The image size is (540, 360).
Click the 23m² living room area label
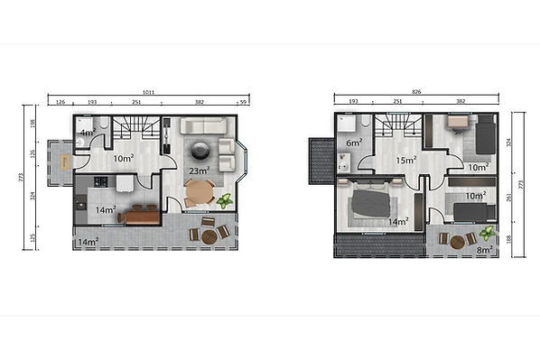pos(200,170)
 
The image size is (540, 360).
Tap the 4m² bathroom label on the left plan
pos(87,134)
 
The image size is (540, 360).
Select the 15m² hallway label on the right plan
pos(405,161)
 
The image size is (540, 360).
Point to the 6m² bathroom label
pos(353,142)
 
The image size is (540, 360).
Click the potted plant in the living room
pos(224,201)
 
